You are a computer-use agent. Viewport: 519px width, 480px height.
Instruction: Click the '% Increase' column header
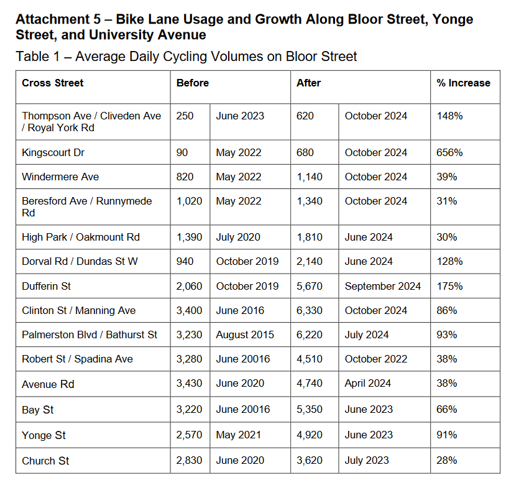tap(463, 83)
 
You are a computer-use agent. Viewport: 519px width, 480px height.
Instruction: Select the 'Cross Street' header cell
tap(53, 83)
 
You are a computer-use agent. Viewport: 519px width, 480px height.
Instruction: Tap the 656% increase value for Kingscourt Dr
tap(449, 152)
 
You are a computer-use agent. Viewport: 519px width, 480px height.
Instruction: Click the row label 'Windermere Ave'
tap(60, 177)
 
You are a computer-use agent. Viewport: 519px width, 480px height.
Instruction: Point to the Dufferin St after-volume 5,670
tap(310, 286)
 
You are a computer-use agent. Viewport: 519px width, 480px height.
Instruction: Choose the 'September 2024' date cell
tap(383, 286)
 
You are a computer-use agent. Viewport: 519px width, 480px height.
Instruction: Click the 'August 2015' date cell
tap(245, 335)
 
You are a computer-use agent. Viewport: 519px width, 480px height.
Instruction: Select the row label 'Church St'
tap(45, 461)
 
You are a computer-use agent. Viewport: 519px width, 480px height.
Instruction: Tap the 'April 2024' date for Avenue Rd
tap(368, 384)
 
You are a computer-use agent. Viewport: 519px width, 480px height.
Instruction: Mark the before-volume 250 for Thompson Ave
tap(185, 116)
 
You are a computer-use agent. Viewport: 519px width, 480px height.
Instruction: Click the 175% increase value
tap(449, 286)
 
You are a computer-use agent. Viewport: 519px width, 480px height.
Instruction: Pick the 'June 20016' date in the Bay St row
tap(243, 410)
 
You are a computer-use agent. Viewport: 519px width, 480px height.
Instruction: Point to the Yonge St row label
tap(44, 435)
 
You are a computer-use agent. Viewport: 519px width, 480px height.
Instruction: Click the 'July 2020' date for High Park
tap(238, 237)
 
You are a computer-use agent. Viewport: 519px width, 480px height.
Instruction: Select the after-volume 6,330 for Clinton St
tap(310, 310)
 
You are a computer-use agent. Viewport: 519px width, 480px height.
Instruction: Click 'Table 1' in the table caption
tap(38, 57)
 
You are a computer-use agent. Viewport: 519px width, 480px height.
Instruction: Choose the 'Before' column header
tap(193, 83)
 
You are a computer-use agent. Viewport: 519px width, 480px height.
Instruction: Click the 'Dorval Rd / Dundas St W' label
tap(80, 262)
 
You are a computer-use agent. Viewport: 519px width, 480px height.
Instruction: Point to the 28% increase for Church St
tap(446, 461)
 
